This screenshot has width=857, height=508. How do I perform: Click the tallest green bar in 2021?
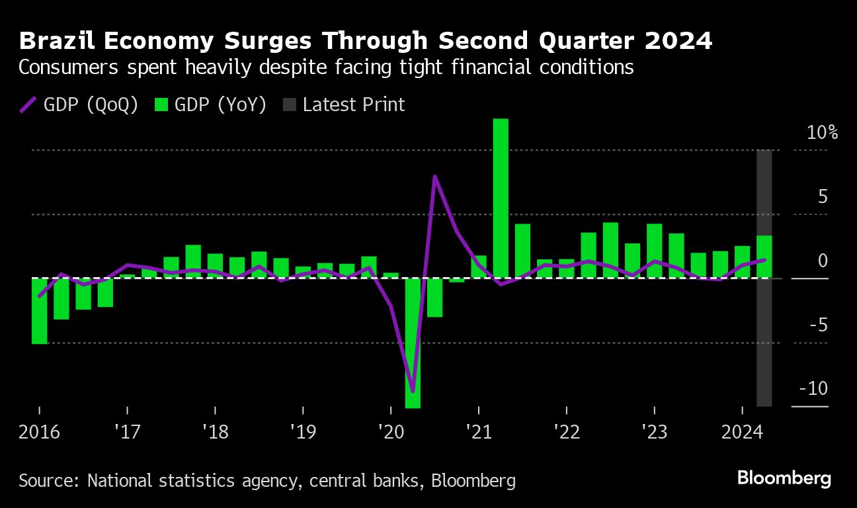[x=501, y=198]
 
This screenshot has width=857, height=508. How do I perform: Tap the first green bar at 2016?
[x=40, y=311]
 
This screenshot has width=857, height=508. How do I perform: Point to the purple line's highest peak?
[x=434, y=177]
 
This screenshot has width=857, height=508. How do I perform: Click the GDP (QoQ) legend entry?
[x=80, y=105]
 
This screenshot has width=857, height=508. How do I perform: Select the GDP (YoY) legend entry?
[x=211, y=105]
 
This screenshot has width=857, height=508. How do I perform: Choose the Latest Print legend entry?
[x=345, y=105]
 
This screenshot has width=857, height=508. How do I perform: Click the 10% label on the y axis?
[x=822, y=133]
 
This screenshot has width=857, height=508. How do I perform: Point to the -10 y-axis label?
[x=813, y=388]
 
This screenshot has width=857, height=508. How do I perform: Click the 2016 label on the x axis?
[x=39, y=433]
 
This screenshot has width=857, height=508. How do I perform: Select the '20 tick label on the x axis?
[x=389, y=433]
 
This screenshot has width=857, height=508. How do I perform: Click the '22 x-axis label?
[x=566, y=433]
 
